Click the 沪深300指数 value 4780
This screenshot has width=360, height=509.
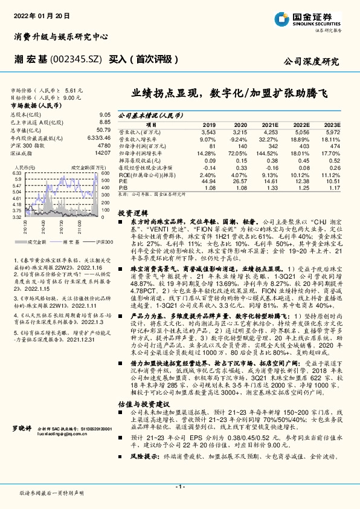(104, 146)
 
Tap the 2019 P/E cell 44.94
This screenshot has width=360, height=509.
(208, 181)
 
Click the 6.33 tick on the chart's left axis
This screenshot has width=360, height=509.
(16, 173)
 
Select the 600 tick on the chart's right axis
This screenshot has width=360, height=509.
(104, 173)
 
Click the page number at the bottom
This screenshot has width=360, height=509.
(179, 487)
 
